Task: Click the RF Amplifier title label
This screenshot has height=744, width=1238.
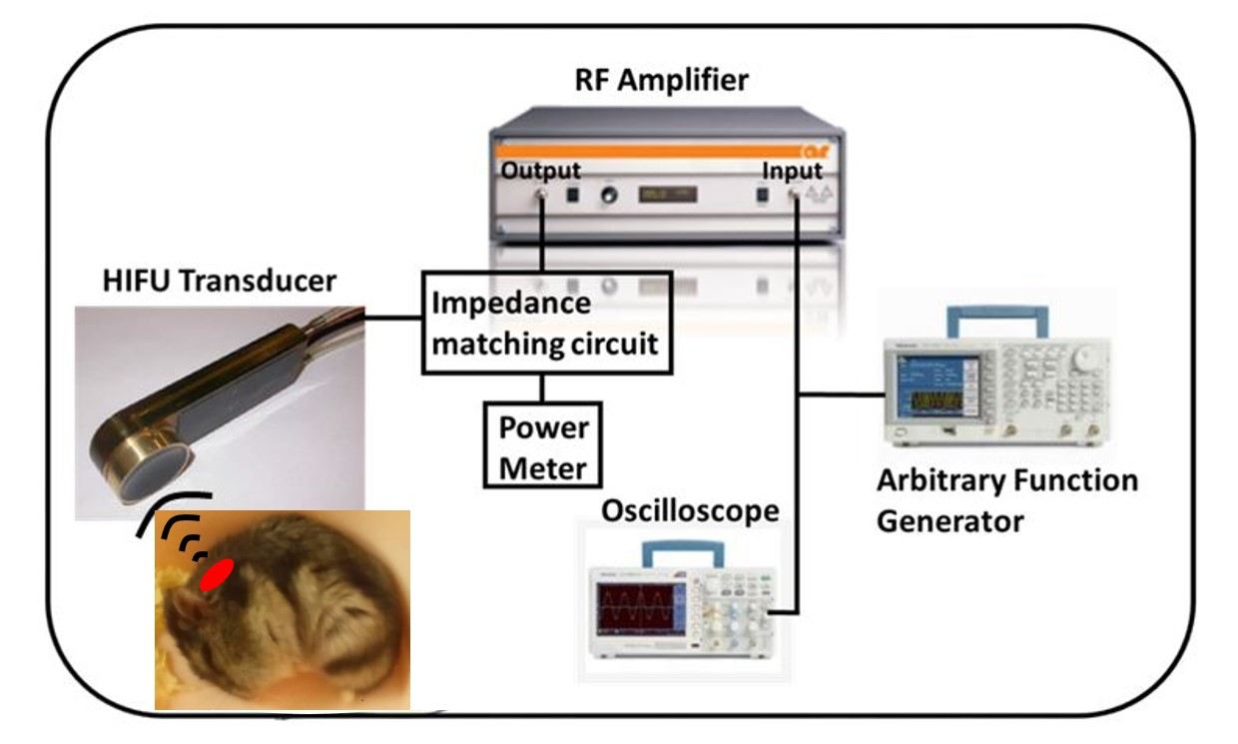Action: click(661, 80)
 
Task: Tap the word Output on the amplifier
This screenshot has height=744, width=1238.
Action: click(541, 170)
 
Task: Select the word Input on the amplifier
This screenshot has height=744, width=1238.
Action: click(794, 170)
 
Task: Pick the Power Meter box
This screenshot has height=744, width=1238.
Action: click(544, 447)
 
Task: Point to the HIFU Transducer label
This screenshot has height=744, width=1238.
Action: click(220, 282)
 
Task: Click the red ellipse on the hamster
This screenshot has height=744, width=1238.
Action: click(217, 574)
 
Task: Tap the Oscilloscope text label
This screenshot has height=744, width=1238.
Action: click(690, 510)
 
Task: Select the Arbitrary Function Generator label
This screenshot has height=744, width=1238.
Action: click(1006, 500)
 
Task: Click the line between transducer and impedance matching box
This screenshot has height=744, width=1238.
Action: click(394, 320)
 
